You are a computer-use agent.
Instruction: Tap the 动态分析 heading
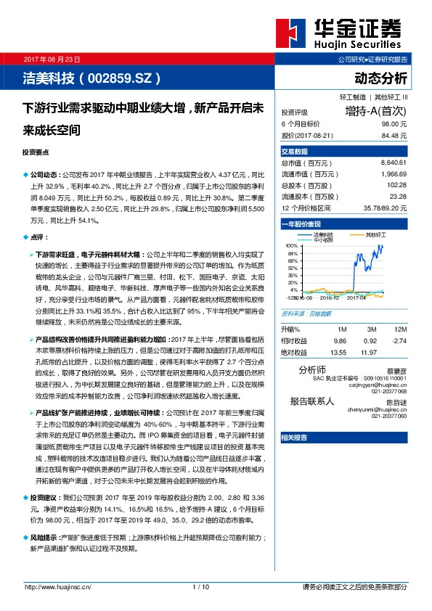pyautogui.click(x=380, y=78)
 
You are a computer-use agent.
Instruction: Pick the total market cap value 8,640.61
pyautogui.click(x=393, y=163)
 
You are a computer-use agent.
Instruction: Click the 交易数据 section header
pyautogui.click(x=295, y=151)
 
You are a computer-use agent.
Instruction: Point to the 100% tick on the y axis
pyautogui.click(x=292, y=245)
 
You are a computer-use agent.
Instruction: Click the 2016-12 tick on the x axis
pyautogui.click(x=330, y=297)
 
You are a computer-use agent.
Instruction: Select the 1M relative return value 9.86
pyautogui.click(x=340, y=340)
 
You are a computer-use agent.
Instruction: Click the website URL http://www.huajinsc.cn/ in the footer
pyautogui.click(x=57, y=586)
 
